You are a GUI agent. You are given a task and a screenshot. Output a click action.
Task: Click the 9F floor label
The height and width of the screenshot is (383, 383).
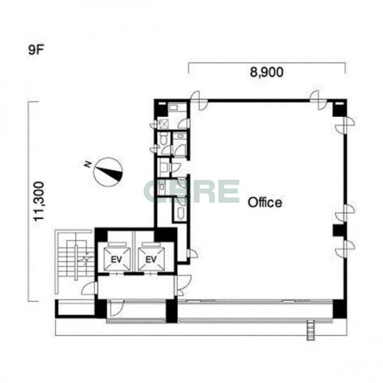(36, 50)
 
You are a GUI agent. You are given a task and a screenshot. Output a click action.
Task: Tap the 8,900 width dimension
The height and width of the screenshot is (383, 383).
(267, 72)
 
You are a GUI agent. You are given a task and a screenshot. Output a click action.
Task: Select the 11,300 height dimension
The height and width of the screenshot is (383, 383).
(39, 201)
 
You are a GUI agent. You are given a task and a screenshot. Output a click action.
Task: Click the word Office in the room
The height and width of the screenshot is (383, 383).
(265, 203)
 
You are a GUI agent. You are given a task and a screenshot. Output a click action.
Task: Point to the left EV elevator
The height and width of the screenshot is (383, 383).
(116, 259)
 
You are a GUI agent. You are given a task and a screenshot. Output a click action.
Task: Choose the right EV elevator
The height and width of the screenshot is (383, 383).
(151, 259)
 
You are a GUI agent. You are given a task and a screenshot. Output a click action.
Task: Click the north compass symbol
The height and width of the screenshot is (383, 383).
(108, 172)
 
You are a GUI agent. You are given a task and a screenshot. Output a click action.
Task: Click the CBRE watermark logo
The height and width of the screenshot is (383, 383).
(191, 191)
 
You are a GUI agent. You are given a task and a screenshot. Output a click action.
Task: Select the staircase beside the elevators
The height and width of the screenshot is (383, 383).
(75, 261)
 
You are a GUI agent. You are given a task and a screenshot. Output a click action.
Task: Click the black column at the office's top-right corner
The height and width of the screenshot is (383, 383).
(339, 108)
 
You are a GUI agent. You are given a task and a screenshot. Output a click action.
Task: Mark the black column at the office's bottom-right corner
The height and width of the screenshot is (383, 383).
(340, 309)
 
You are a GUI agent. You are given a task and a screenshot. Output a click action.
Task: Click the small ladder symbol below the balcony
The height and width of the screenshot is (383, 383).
(310, 331)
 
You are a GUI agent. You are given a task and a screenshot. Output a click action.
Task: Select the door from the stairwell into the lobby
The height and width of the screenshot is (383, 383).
(89, 288)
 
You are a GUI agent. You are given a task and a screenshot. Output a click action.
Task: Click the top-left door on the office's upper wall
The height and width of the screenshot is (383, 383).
(199, 101)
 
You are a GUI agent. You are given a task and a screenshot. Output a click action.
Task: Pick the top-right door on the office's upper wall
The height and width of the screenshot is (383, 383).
(318, 100)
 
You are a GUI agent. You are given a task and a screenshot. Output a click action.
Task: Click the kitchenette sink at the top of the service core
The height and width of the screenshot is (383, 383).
(174, 108)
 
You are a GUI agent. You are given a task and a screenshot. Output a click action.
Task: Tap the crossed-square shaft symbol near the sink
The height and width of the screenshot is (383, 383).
(163, 124)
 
